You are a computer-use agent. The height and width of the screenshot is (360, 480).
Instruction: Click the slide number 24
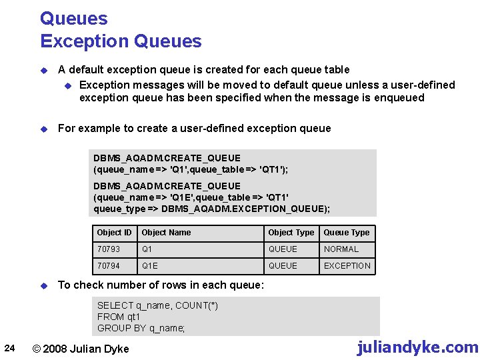pyautogui.click(x=9, y=347)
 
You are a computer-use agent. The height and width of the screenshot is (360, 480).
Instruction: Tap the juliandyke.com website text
pyautogui.click(x=417, y=347)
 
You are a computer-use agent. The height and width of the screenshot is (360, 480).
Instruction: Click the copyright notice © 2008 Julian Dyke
pyautogui.click(x=81, y=348)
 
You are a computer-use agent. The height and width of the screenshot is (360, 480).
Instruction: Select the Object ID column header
pyautogui.click(x=114, y=233)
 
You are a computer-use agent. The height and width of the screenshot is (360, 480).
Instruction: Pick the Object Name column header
pyautogui.click(x=166, y=233)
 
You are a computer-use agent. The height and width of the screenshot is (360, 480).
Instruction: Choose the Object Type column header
pyautogui.click(x=291, y=233)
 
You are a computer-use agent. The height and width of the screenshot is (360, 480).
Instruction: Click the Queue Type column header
pyautogui.click(x=346, y=233)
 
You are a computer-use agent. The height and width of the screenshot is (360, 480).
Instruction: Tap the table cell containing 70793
pyautogui.click(x=109, y=249)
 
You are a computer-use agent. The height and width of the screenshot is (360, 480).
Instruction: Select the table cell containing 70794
pyautogui.click(x=109, y=266)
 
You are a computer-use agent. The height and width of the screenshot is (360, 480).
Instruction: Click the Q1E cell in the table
pyautogui.click(x=150, y=266)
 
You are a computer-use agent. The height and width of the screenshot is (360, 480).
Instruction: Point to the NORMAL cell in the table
pyautogui.click(x=341, y=249)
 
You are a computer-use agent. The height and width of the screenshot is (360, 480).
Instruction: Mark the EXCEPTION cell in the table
pyautogui.click(x=347, y=266)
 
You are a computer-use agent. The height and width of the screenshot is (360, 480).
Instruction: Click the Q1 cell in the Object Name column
pyautogui.click(x=147, y=249)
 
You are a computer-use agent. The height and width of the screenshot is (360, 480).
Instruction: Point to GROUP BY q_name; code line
pyautogui.click(x=141, y=328)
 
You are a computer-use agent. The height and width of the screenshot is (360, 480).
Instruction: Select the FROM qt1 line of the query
pyautogui.click(x=119, y=317)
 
